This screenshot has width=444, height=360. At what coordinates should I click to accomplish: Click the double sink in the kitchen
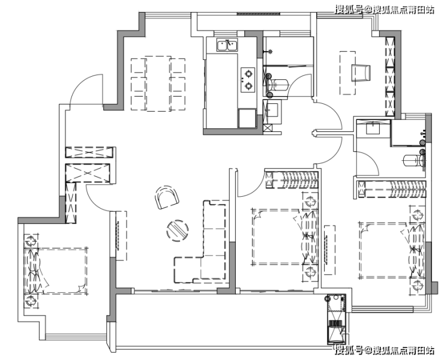click(x=227, y=45)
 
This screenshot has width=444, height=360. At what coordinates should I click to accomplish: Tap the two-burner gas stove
click(x=248, y=80)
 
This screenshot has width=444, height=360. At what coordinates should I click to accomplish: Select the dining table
click(x=158, y=83)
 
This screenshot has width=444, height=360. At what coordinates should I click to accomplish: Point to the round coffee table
click(x=178, y=230)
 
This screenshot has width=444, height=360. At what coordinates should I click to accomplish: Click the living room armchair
click(x=167, y=197)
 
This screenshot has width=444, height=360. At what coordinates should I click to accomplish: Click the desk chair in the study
click(x=361, y=73)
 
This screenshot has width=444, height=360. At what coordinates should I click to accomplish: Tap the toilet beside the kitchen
click(x=278, y=85)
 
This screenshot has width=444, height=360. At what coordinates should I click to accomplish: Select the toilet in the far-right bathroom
click(x=414, y=161)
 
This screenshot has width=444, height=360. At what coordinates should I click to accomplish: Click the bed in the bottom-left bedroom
click(x=56, y=271)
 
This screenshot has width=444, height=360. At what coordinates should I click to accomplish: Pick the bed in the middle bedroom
click(x=284, y=237)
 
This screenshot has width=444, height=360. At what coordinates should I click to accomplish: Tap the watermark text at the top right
click(x=385, y=10)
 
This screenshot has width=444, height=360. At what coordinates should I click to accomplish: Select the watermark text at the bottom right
click(x=385, y=350)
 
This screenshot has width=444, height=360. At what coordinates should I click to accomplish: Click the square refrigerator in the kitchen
click(x=247, y=118)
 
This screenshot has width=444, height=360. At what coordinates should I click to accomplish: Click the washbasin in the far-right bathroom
click(x=373, y=127)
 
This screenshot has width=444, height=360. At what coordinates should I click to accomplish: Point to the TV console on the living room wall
click(x=121, y=236)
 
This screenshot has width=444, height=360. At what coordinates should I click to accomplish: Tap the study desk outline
click(x=347, y=73)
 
